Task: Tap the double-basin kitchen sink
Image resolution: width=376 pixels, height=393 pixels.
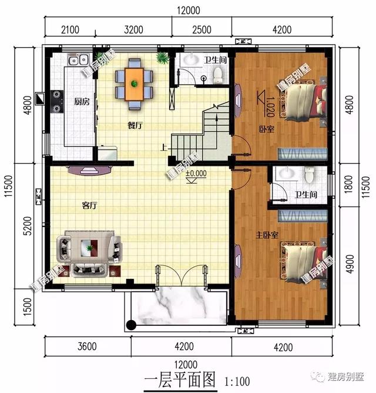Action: (x=78, y=59)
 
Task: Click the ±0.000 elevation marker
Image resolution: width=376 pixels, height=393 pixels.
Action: (x=196, y=174)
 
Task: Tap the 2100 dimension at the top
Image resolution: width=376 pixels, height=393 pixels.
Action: (x=69, y=28)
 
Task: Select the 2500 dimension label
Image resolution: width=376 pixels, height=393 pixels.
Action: (x=201, y=28)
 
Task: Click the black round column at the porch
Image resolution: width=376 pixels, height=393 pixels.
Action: (x=130, y=325)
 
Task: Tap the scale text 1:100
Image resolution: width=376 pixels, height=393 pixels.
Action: (x=237, y=381)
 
